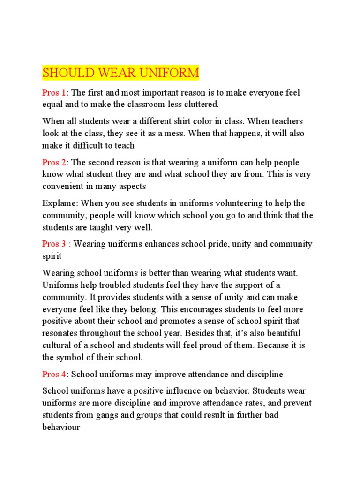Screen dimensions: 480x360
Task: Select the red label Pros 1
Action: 55,93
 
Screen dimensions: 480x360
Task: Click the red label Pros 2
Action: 55,163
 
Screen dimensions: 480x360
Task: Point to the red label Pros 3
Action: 55,244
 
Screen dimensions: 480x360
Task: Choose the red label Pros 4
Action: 55,375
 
